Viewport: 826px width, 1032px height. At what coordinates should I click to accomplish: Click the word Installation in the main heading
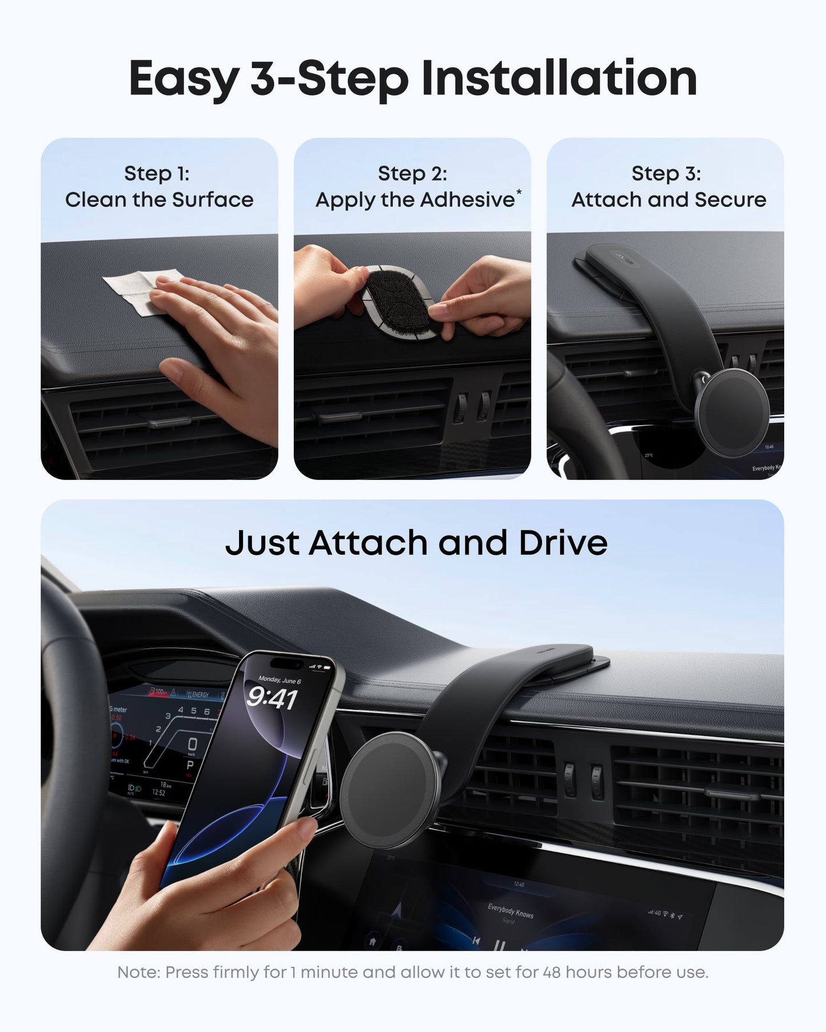pyautogui.click(x=558, y=78)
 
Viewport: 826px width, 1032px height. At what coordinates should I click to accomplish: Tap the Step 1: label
pyautogui.click(x=157, y=173)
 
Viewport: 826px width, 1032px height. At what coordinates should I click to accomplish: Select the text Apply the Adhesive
pyautogui.click(x=415, y=199)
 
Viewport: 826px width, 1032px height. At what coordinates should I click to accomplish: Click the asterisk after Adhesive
pyautogui.click(x=518, y=192)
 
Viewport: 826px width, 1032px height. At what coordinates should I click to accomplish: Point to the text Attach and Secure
pyautogui.click(x=669, y=199)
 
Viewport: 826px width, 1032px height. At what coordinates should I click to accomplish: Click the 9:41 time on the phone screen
pyautogui.click(x=272, y=698)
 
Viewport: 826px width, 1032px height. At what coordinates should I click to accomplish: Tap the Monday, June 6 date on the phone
pyautogui.click(x=280, y=680)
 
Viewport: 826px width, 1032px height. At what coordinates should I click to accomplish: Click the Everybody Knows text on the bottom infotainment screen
pyautogui.click(x=510, y=910)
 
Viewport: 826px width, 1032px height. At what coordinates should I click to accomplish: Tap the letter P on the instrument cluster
pyautogui.click(x=190, y=765)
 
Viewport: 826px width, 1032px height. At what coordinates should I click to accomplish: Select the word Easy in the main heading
pyautogui.click(x=183, y=78)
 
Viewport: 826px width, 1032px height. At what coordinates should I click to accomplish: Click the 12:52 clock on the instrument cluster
pyautogui.click(x=158, y=793)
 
